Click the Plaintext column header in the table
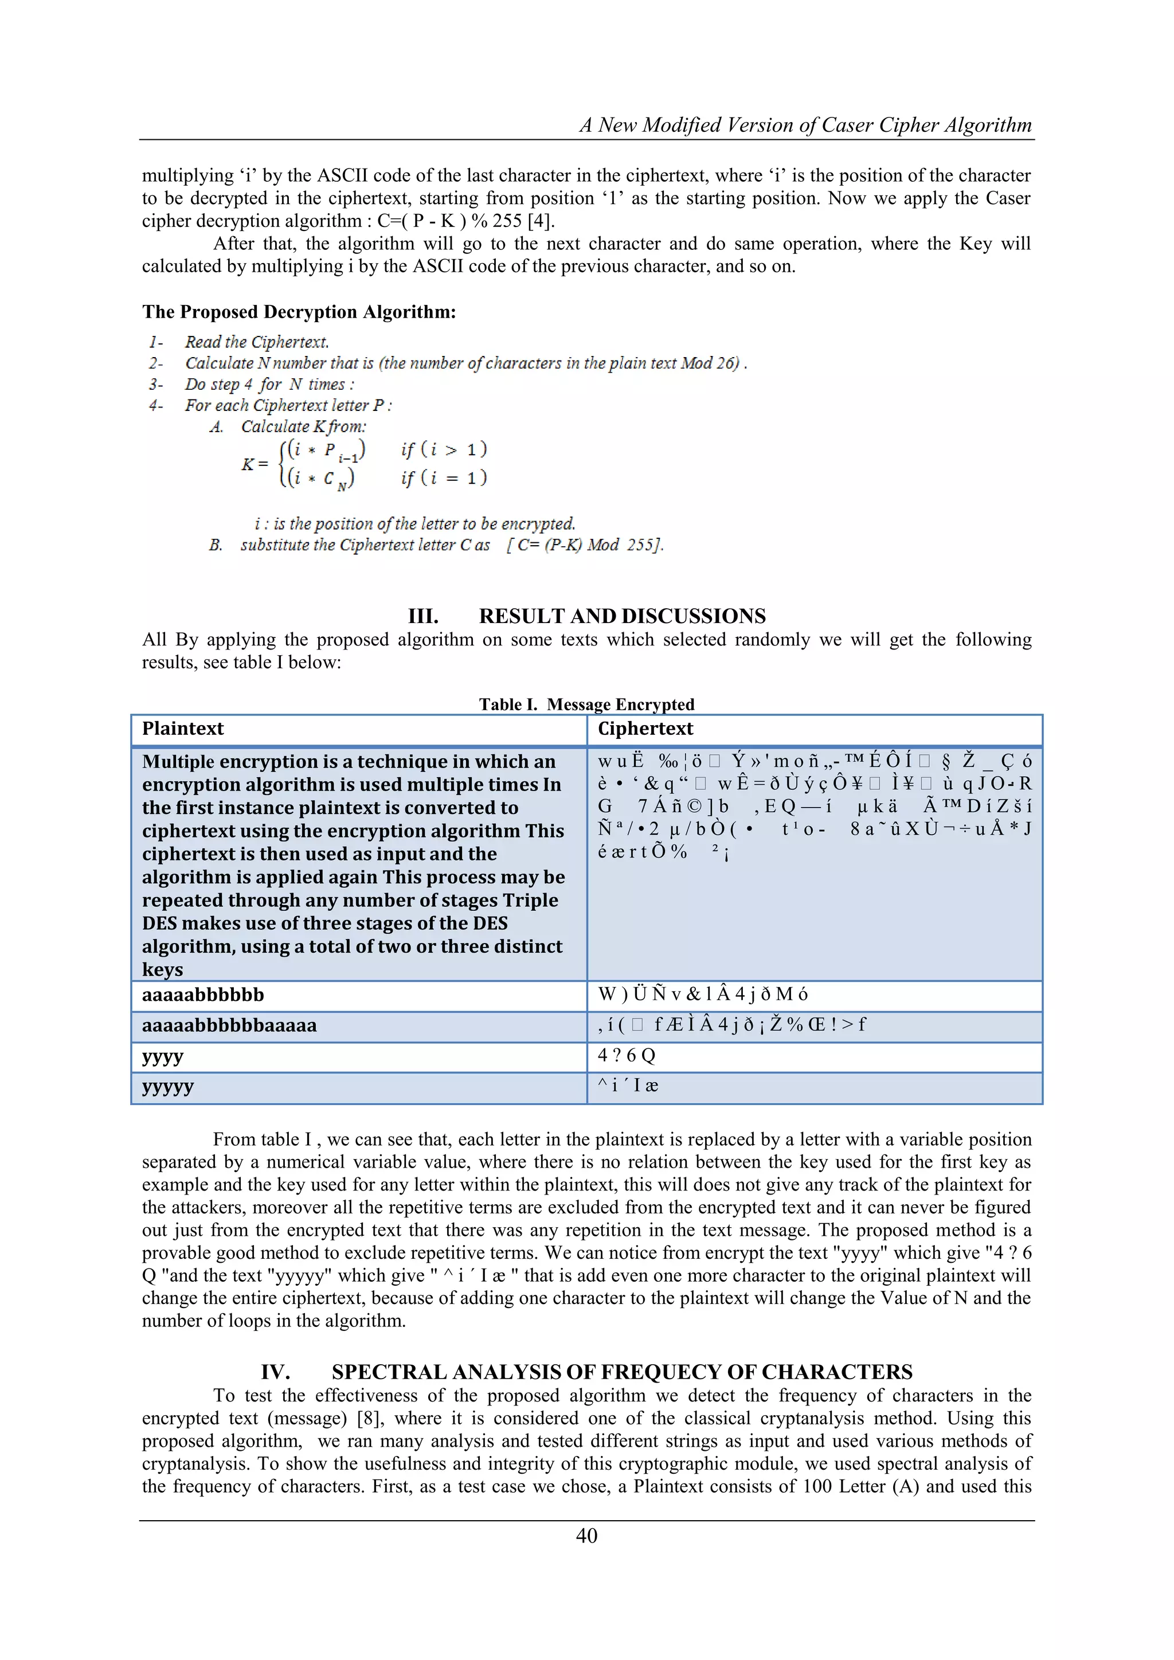(183, 729)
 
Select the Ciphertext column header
(645, 729)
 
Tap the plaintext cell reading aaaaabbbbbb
(203, 995)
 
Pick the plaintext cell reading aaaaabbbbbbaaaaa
(229, 1025)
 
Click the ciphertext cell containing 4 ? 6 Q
(626, 1056)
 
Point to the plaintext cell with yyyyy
(168, 1087)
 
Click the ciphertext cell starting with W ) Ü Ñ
(703, 995)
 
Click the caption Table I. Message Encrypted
(586, 704)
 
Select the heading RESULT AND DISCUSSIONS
(622, 616)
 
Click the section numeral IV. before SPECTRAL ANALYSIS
(275, 1372)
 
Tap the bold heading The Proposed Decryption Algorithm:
(299, 312)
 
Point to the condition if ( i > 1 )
(444, 450)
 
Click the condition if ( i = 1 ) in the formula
(444, 478)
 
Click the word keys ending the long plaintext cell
(163, 969)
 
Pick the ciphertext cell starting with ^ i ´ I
(628, 1086)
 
